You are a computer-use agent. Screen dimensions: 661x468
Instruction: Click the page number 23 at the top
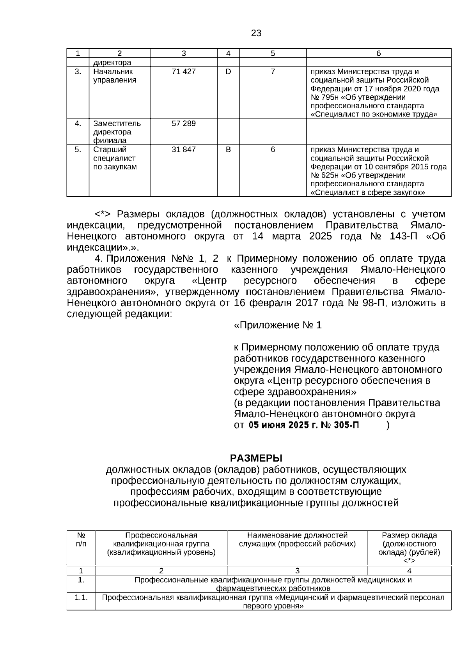click(x=256, y=33)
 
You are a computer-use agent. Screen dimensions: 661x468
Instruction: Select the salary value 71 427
click(x=183, y=72)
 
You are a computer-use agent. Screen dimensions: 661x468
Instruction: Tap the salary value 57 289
click(x=183, y=124)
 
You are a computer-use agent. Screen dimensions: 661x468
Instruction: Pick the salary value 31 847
click(x=183, y=150)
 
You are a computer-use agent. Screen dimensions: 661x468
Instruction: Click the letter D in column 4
click(x=228, y=72)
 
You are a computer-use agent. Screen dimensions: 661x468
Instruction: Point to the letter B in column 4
click(x=228, y=150)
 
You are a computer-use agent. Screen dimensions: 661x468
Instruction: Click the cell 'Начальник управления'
click(x=115, y=76)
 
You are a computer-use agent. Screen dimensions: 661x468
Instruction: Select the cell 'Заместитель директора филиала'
click(x=117, y=132)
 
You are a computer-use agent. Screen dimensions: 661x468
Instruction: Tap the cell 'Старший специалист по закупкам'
click(x=115, y=158)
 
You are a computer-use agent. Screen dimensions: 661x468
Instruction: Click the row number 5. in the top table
click(x=78, y=150)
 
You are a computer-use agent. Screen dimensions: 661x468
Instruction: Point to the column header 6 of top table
click(x=378, y=53)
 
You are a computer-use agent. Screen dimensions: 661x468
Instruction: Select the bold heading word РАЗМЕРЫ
click(x=256, y=458)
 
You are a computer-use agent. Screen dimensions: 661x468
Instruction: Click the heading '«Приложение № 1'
click(x=278, y=325)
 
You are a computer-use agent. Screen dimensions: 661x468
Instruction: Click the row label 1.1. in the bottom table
click(x=81, y=598)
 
